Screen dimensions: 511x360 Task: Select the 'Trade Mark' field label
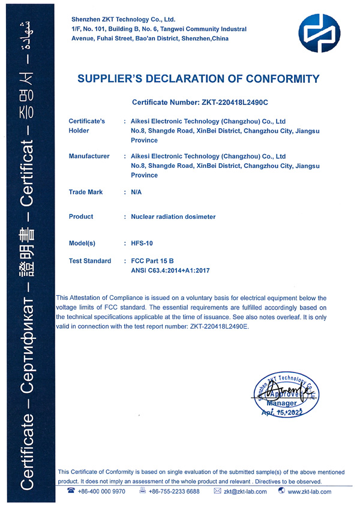[x=86, y=192]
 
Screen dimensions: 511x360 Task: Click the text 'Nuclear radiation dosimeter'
[x=173, y=217]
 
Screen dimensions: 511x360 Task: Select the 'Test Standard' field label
[x=90, y=261]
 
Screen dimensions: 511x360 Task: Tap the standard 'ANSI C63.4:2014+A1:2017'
[x=170, y=270]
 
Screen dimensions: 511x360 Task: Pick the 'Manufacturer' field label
[x=89, y=156]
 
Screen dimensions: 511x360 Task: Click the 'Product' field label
[x=81, y=217]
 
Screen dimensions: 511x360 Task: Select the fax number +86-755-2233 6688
[x=174, y=491]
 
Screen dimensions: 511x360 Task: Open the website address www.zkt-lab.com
[x=310, y=491]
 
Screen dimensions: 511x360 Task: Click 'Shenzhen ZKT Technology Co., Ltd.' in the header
[x=123, y=20]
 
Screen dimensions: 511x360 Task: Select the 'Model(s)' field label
[x=82, y=244]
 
